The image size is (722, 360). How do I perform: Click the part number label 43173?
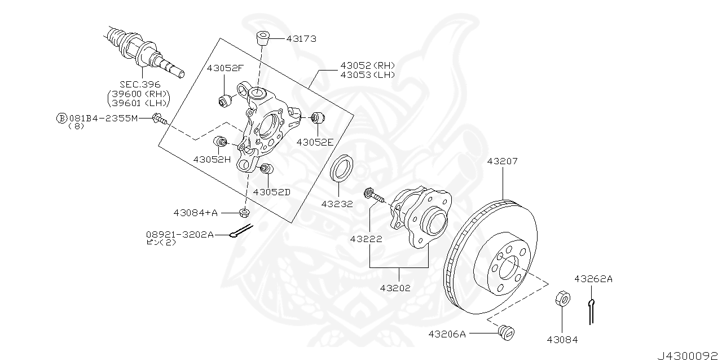click(x=301, y=39)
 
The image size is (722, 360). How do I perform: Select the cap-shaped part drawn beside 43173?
click(x=263, y=38)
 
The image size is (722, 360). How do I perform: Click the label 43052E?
click(x=315, y=142)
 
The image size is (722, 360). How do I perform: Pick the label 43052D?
click(x=271, y=191)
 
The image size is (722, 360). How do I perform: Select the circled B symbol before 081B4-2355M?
click(x=61, y=118)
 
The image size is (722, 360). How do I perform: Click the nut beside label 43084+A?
click(x=244, y=213)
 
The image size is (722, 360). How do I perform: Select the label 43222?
click(x=366, y=239)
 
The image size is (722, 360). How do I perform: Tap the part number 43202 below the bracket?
click(x=395, y=287)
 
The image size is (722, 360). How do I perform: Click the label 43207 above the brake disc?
click(x=502, y=161)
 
